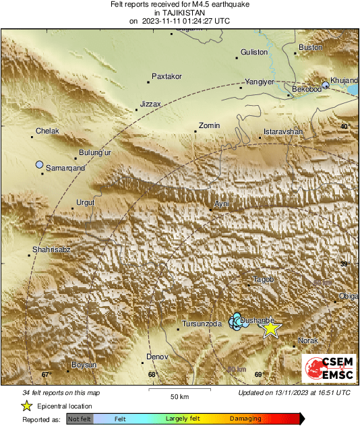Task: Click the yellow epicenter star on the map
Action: [270, 328]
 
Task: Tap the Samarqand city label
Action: [65, 167]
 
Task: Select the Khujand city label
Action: [344, 80]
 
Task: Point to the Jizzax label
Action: [150, 104]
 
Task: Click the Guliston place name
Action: [254, 52]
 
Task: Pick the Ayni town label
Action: [221, 203]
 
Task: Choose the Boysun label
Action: [84, 365]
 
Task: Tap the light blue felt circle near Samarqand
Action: [39, 164]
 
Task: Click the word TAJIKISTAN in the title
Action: [179, 12]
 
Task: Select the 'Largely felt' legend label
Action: [181, 419]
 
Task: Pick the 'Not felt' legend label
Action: [80, 419]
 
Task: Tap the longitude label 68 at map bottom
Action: [152, 374]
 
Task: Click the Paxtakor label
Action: [167, 76]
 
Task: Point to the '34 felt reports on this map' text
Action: [61, 392]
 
